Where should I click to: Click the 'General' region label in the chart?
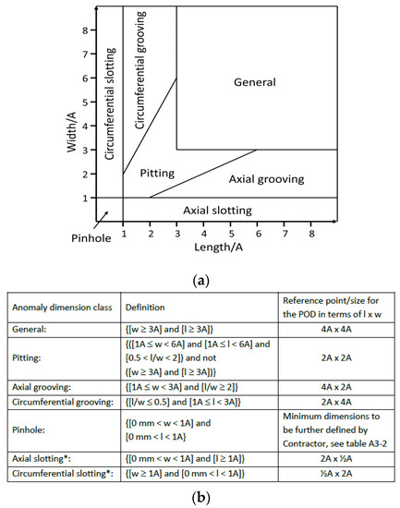pos(256,83)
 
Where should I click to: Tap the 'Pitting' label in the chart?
pos(158,173)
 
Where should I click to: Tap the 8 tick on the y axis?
pos(84,30)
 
